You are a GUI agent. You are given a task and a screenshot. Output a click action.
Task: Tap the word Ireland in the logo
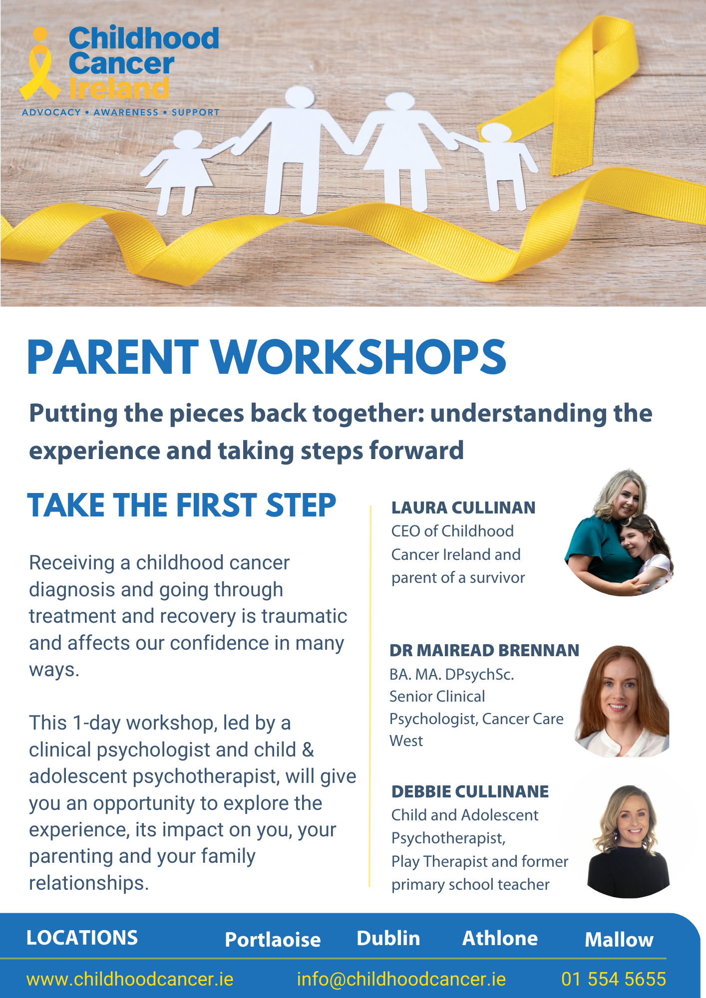(119, 89)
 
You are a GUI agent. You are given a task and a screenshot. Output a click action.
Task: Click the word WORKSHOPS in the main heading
(358, 357)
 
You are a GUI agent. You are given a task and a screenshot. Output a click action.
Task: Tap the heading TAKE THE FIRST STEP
(182, 505)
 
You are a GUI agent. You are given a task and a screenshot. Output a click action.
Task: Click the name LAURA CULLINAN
(463, 507)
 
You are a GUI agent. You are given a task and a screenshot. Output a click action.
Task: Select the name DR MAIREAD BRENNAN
(484, 650)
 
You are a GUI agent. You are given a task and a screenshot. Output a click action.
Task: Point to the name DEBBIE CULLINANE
(470, 791)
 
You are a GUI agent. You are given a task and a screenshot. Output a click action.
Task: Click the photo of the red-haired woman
(622, 701)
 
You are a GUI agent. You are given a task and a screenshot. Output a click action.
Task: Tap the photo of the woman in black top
(629, 841)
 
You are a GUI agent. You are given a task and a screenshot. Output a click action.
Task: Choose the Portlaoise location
(273, 940)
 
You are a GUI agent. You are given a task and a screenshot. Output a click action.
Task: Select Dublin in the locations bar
(388, 938)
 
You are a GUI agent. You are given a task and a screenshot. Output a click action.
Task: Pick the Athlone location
(500, 938)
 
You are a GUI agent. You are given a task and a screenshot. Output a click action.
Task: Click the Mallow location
(619, 940)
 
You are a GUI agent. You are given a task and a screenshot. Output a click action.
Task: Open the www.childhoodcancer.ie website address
(130, 979)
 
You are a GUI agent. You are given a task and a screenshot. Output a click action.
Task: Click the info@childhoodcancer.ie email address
(401, 979)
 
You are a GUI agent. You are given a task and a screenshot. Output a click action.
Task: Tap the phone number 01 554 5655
(614, 979)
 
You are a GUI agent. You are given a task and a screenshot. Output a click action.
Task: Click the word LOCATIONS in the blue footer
(82, 938)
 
